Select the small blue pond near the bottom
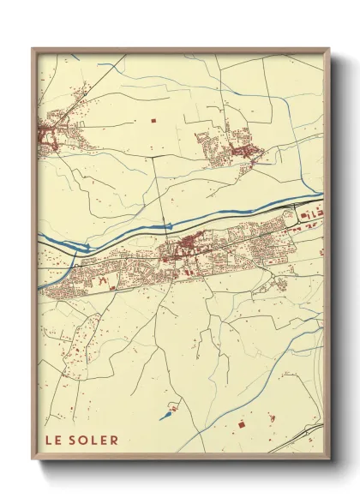pos(165,417)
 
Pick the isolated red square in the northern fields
pos(153,122)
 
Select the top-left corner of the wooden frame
pos(33,49)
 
